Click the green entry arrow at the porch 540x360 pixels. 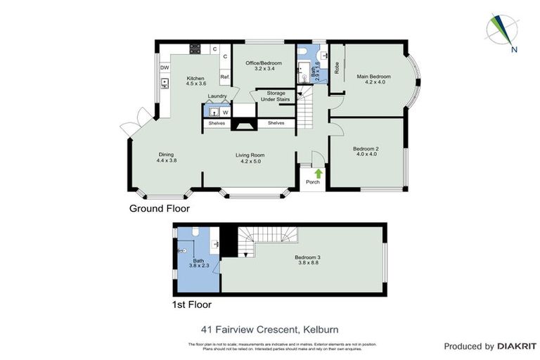[317, 173]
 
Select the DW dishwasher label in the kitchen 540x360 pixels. [164, 67]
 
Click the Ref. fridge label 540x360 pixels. [225, 77]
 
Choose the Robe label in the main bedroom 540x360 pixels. [337, 68]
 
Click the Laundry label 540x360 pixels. [217, 97]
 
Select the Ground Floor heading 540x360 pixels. [159, 209]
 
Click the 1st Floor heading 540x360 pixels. [192, 305]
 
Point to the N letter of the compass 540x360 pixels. [515, 49]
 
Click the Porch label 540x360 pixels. [312, 183]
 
